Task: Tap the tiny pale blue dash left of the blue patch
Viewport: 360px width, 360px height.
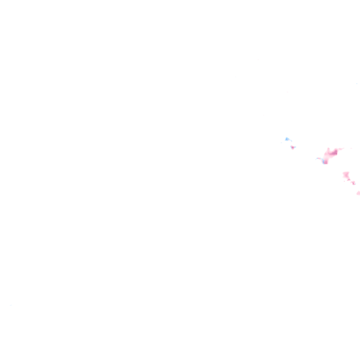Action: click(x=281, y=142)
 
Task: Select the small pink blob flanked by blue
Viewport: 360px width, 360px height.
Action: click(x=292, y=147)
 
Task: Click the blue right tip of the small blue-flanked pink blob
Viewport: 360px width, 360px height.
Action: click(x=295, y=147)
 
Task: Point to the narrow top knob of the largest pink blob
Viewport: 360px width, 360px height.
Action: click(x=328, y=149)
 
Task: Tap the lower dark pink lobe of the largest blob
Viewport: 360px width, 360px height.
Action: click(x=325, y=162)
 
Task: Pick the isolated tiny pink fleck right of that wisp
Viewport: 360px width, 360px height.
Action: click(x=351, y=148)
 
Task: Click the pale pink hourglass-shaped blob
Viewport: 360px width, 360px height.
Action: click(x=346, y=175)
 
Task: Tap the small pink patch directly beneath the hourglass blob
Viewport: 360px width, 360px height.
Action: click(x=348, y=180)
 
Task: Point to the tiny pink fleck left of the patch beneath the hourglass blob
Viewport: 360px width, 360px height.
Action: click(x=344, y=181)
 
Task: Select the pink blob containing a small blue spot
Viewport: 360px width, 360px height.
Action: click(x=353, y=183)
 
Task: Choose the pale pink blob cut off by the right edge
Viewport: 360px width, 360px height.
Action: click(x=358, y=193)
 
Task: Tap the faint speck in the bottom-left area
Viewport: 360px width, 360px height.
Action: click(x=11, y=305)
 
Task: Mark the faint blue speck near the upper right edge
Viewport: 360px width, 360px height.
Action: click(x=356, y=84)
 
